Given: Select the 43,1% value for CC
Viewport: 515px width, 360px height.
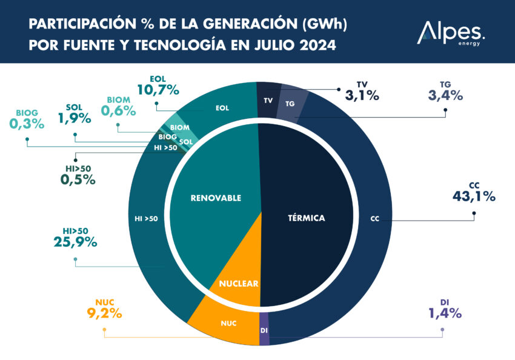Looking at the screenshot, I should click(x=474, y=196).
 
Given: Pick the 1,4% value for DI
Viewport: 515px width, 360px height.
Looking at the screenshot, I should click(x=445, y=313).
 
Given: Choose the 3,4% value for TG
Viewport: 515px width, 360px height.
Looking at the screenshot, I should click(x=445, y=95).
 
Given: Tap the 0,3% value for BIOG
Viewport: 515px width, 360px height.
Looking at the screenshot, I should click(x=27, y=124).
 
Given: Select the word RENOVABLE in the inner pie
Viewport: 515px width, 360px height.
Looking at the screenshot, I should click(x=216, y=198).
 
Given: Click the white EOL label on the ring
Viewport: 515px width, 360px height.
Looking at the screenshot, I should click(x=222, y=108).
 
